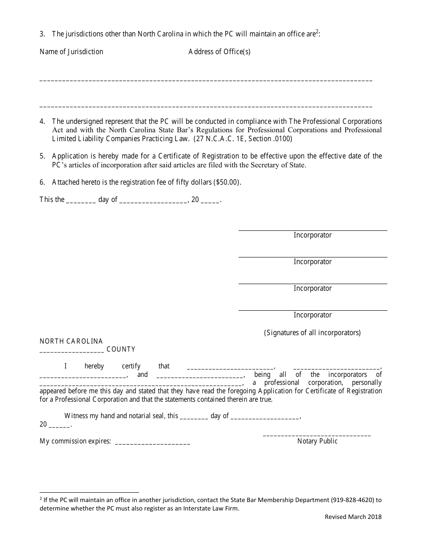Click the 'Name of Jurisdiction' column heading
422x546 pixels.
click(x=71, y=51)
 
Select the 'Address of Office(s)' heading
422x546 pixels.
click(x=219, y=51)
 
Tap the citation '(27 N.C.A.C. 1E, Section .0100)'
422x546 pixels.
click(x=243, y=138)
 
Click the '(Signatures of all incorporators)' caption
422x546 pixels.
click(x=312, y=332)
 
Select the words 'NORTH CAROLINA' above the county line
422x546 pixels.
click(x=71, y=341)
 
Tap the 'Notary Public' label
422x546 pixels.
click(x=317, y=441)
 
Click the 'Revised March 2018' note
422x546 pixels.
click(x=353, y=517)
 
